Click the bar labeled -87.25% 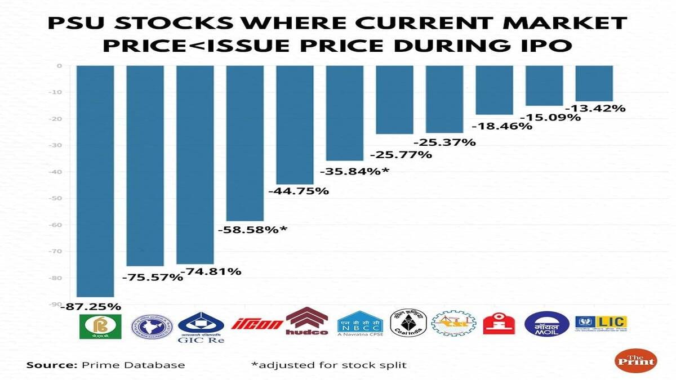tap(96, 180)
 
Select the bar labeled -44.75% tap(295, 124)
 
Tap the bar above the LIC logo tap(594, 83)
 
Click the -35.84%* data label tap(354, 171)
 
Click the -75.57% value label tap(152, 277)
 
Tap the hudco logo tap(307, 322)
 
